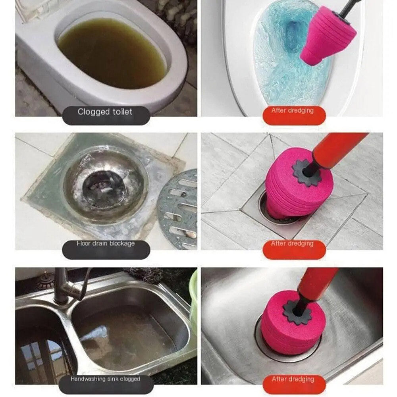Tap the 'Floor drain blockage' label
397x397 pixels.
[x=106, y=243]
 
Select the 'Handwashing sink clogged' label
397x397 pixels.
[x=105, y=379]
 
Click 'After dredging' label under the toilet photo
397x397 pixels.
[x=293, y=111]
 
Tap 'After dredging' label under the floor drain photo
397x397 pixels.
[x=293, y=243]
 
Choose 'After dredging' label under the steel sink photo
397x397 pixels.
[x=293, y=379]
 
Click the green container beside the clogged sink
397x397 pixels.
[x=193, y=298]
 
